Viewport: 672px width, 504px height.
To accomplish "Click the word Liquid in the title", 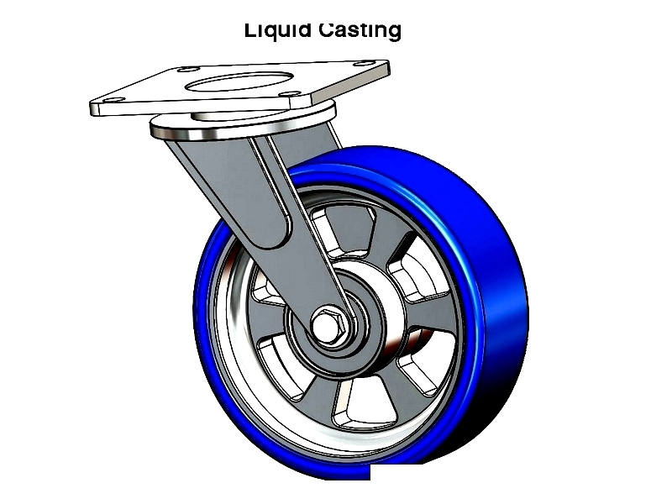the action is (277, 31).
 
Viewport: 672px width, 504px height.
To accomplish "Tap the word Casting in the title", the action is (360, 30).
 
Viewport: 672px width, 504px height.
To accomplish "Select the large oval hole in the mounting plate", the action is (239, 81).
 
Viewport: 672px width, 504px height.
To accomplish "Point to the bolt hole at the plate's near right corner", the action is (289, 93).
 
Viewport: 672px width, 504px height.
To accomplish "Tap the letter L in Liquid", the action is (249, 30).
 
